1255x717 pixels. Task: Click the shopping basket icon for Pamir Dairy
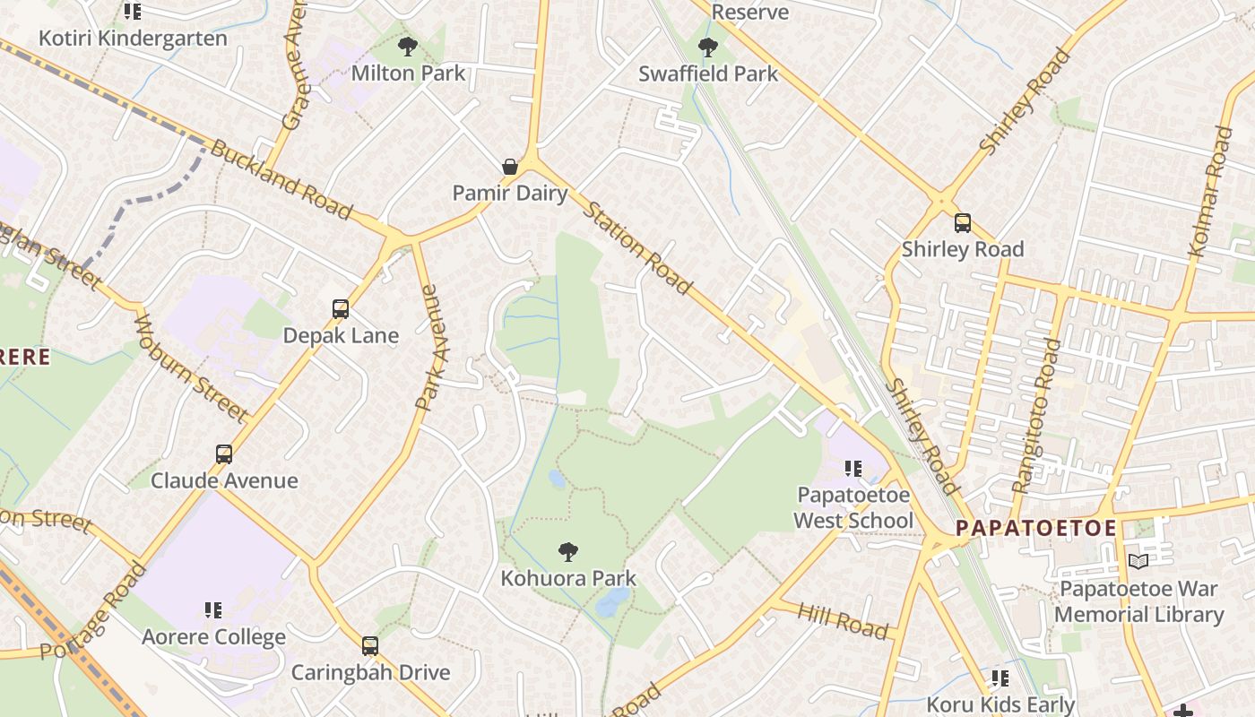509,167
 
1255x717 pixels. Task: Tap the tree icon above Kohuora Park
567,552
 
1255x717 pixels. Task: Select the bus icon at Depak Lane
341,309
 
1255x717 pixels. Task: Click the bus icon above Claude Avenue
224,454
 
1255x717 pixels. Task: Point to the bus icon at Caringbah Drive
369,645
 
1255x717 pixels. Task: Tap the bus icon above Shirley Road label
962,223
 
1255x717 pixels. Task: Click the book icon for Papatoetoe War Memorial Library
1138,562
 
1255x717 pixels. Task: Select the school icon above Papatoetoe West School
853,468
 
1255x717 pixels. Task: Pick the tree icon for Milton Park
408,47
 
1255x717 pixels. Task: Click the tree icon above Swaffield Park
707,48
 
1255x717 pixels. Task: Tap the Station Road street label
637,248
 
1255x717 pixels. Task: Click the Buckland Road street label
281,179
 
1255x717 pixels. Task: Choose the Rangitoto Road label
1036,415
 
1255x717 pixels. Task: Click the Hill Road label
843,621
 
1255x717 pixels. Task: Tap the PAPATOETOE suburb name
1035,528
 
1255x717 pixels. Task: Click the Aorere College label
213,637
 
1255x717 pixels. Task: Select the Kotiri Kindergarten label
133,39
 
